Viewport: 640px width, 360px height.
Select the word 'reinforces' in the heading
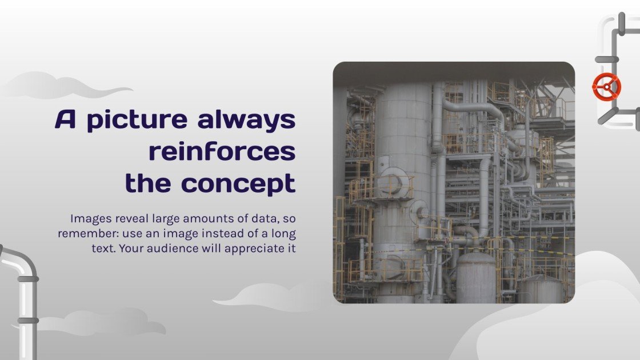click(x=222, y=151)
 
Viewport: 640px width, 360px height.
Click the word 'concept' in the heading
click(x=238, y=184)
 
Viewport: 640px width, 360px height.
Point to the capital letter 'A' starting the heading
click(x=66, y=119)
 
